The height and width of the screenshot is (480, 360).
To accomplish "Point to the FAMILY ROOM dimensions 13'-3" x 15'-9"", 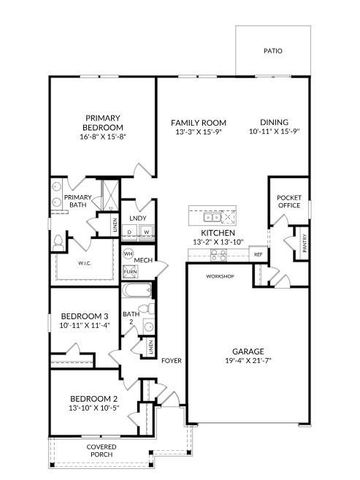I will point(195,130).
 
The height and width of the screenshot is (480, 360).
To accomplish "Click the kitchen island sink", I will point(225,217).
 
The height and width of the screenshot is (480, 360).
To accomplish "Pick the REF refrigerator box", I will point(258,254).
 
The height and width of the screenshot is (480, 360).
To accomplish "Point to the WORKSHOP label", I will point(220,276).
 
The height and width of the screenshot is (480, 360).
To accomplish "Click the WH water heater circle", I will point(129,254).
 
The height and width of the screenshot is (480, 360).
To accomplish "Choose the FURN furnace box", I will point(129,270).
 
